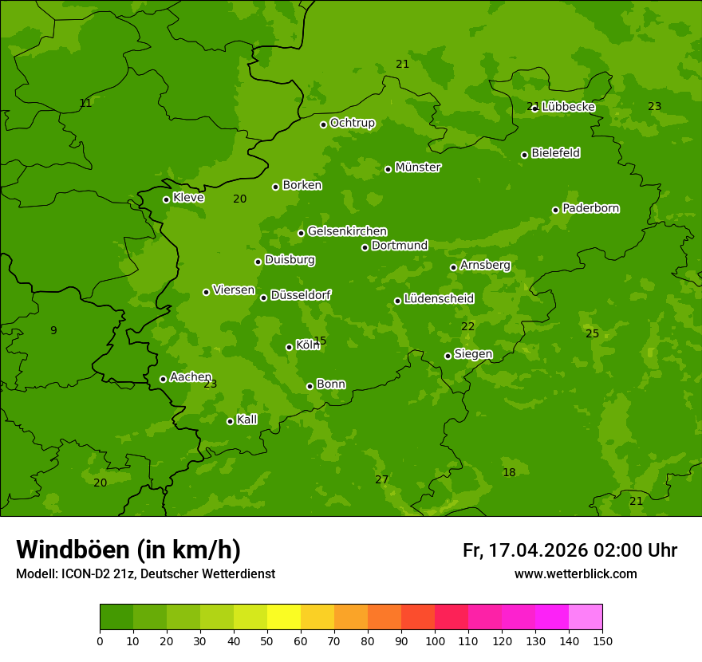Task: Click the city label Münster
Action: click(417, 167)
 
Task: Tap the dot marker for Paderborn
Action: click(556, 210)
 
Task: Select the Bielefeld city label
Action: click(555, 153)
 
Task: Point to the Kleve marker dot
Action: click(167, 199)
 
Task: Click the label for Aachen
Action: click(191, 377)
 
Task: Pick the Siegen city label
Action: click(473, 354)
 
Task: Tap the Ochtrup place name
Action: click(352, 123)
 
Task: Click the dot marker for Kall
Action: click(231, 421)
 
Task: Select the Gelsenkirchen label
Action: click(347, 231)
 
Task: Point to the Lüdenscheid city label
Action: click(439, 299)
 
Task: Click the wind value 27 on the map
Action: click(382, 479)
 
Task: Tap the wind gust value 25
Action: click(592, 333)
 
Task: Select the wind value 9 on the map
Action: click(53, 330)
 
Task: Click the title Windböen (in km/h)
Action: click(128, 550)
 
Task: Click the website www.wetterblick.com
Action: click(575, 574)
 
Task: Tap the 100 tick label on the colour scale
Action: click(435, 640)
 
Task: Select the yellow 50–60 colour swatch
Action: click(284, 617)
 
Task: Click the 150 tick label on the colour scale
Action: click(602, 640)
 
